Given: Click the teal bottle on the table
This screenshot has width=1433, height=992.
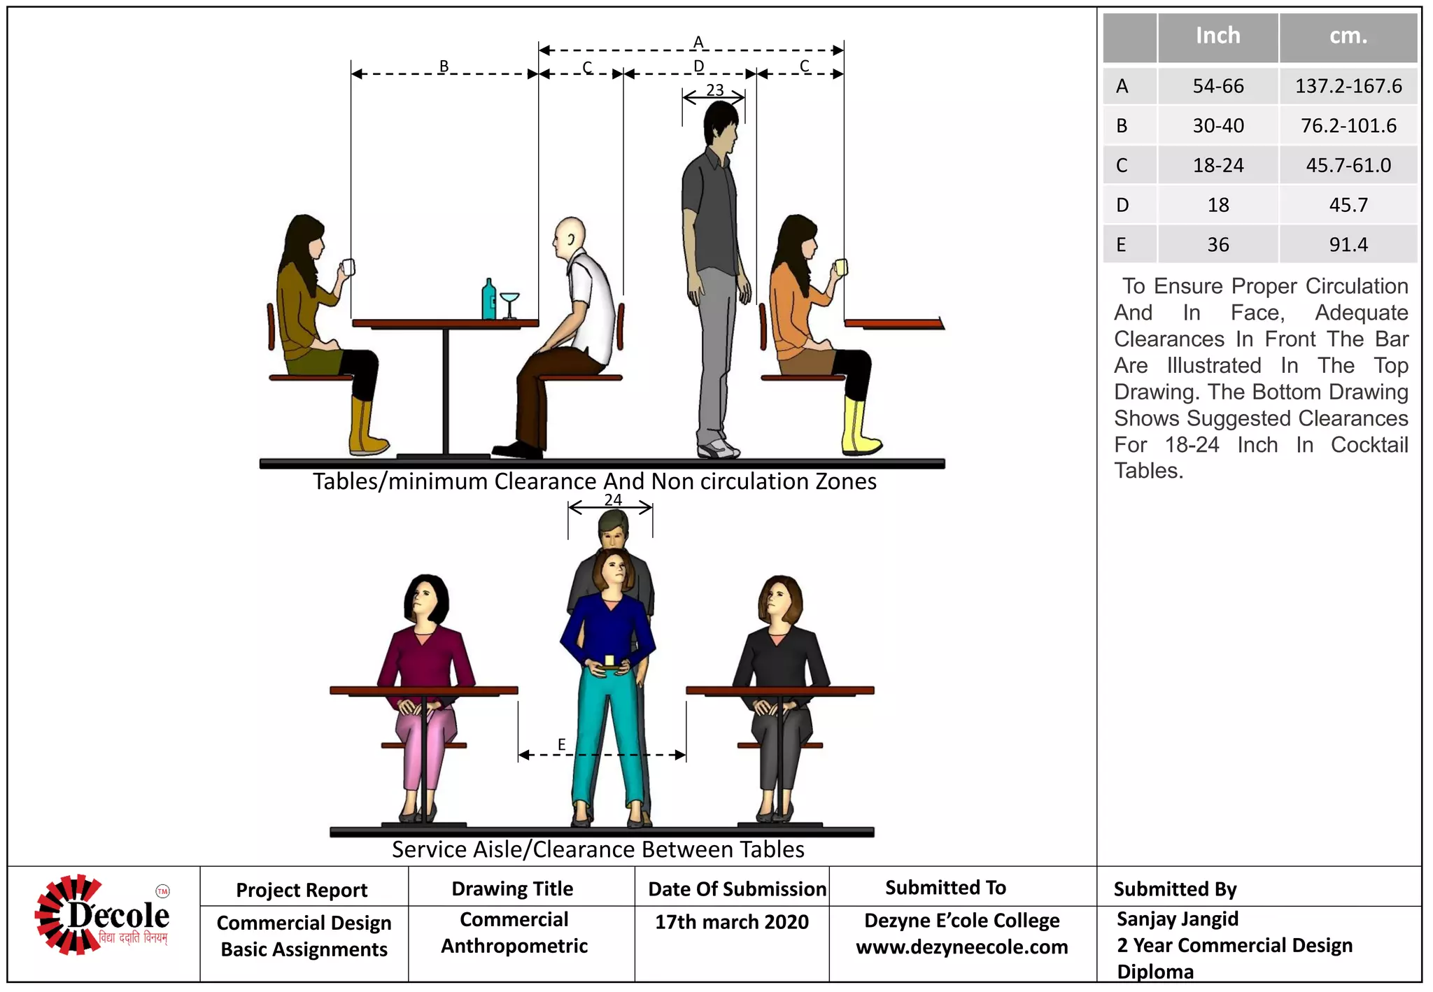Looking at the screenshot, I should [489, 301].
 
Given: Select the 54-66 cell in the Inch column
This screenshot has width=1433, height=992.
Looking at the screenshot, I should [1218, 86].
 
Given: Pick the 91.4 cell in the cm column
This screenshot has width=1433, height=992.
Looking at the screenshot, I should [1348, 245].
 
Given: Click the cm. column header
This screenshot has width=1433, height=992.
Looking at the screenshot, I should [1348, 36].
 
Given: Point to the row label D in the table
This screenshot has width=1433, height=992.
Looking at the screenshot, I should [1122, 205].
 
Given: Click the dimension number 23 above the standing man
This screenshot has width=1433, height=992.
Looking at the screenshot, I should [714, 90].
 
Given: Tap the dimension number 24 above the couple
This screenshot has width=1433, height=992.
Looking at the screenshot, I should [613, 499].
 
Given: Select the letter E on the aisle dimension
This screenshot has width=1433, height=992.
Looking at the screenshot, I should [561, 744].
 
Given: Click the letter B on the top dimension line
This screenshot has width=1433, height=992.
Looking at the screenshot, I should [444, 66].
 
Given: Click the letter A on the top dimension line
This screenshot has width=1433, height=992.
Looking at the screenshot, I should [698, 42].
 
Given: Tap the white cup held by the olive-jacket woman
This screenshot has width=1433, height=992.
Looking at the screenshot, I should [348, 267].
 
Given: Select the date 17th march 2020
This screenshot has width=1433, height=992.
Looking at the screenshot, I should [731, 922].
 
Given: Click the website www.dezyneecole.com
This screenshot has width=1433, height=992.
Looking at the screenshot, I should [961, 947].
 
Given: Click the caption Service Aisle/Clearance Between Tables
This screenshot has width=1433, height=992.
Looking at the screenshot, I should [598, 849].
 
